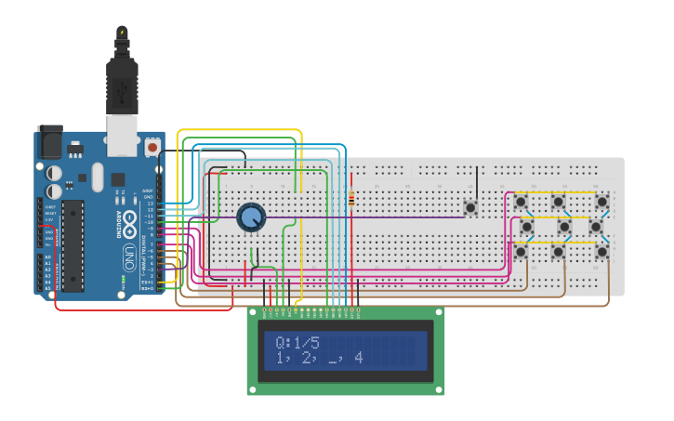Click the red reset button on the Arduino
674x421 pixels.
[x=152, y=147]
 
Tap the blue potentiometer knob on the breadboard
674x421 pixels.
[x=251, y=217]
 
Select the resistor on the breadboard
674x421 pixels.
[x=351, y=198]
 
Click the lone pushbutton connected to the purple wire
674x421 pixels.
[x=470, y=207]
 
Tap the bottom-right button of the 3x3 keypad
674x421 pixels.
[x=602, y=251]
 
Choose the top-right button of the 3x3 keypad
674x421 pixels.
[x=602, y=202]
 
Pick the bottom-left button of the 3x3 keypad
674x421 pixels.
[x=521, y=251]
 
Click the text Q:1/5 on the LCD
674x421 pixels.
[x=297, y=342]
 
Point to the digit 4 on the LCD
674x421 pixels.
[x=358, y=357]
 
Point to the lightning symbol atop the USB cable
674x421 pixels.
[x=122, y=33]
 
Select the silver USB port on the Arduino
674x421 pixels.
[x=122, y=134]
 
